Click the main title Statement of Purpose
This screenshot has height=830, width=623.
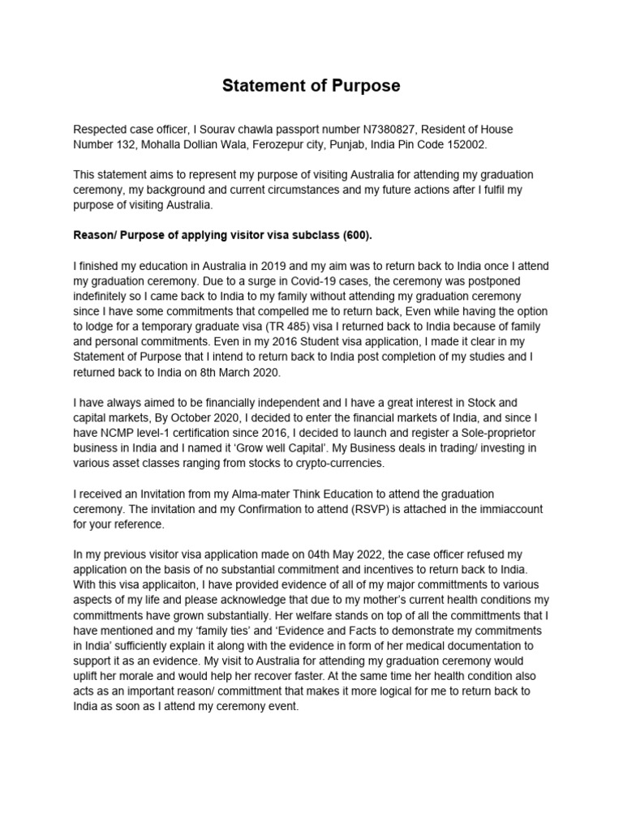pos(312,86)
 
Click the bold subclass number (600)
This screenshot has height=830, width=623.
pos(354,234)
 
